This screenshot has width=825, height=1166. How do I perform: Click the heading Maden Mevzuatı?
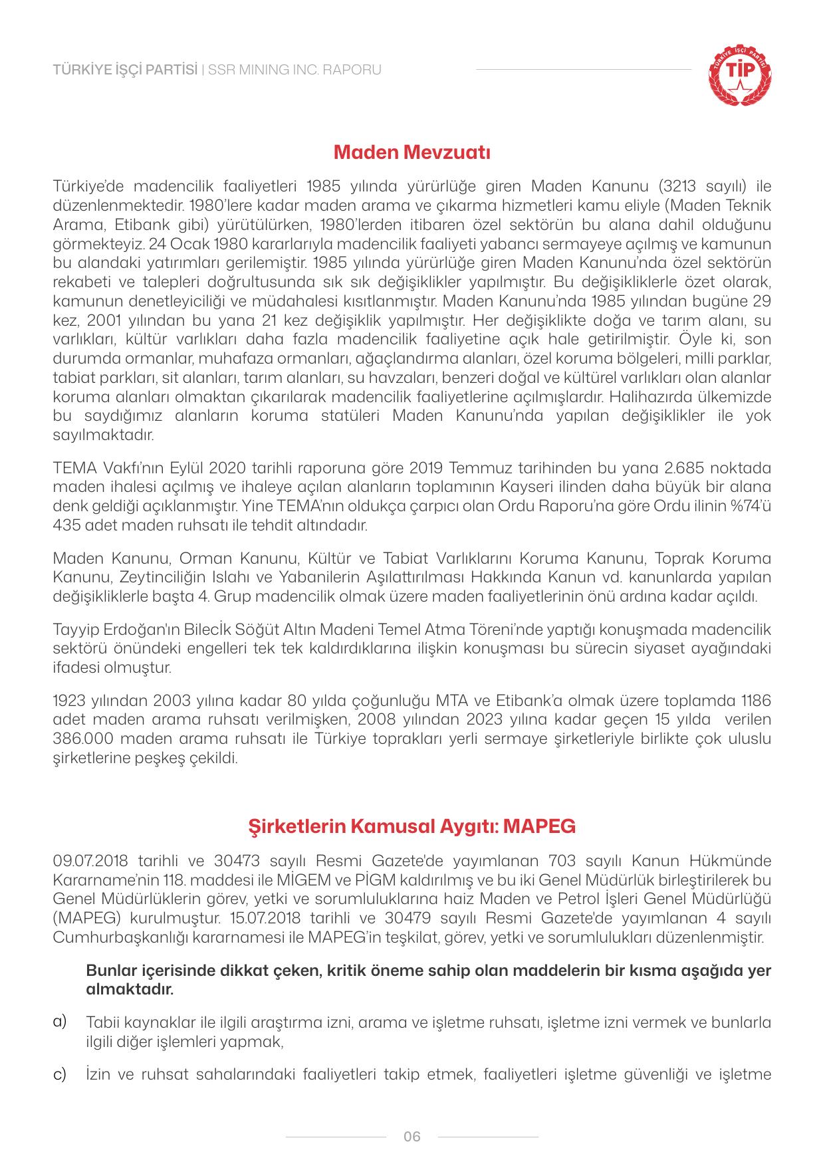[x=412, y=153]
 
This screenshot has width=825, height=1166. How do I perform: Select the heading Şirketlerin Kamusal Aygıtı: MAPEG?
[x=412, y=826]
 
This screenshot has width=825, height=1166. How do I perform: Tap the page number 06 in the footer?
[x=412, y=1136]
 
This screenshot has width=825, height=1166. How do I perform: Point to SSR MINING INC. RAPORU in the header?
[x=295, y=70]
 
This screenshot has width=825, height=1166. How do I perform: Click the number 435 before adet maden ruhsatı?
[x=65, y=525]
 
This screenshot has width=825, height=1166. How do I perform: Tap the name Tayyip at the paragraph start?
[x=72, y=629]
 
